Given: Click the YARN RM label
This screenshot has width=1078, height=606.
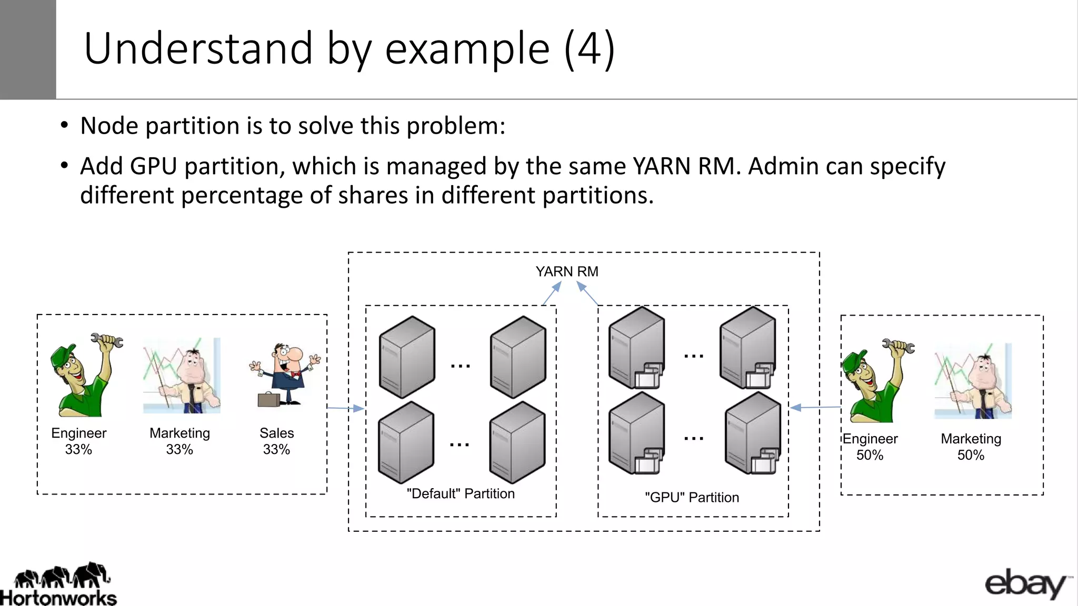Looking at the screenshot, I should tap(567, 271).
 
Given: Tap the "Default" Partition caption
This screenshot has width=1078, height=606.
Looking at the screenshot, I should tap(461, 493).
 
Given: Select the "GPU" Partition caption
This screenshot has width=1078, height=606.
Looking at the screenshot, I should tap(692, 497).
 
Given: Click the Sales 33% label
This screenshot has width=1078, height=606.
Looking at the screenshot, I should tap(276, 441).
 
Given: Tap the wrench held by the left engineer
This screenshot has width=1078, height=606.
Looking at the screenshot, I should tap(107, 340).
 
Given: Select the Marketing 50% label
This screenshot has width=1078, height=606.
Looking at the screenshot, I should tap(971, 447).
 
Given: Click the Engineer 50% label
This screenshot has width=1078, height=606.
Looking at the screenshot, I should tap(870, 447).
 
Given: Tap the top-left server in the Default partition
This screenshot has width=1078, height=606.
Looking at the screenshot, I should tap(407, 357).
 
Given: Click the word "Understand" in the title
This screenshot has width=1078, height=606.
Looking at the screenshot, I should tap(198, 48).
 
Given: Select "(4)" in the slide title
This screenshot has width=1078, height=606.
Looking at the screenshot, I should tap(588, 48).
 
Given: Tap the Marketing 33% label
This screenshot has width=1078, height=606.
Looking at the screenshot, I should tap(179, 441).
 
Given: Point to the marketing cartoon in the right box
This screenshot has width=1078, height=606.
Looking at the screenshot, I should tap(973, 382).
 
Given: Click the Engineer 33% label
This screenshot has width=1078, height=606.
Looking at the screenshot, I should tap(78, 441).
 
